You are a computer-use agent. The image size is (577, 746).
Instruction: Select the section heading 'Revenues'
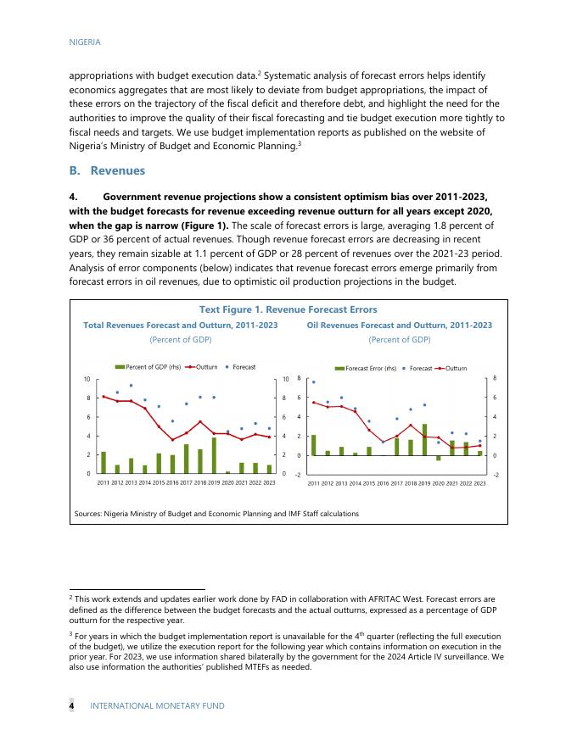[x=117, y=170]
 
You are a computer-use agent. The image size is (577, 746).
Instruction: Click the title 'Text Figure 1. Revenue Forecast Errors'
[x=287, y=309]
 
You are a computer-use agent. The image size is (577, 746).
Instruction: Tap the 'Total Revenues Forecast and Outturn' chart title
[x=180, y=325]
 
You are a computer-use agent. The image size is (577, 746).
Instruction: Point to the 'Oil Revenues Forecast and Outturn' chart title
[x=399, y=325]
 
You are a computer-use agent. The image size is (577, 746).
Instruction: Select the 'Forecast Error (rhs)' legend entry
[x=368, y=369]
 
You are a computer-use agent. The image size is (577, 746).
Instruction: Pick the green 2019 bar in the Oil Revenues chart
[x=424, y=439]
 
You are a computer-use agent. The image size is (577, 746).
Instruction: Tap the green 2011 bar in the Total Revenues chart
[x=104, y=462]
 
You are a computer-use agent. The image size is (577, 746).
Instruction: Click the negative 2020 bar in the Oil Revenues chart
[x=439, y=458]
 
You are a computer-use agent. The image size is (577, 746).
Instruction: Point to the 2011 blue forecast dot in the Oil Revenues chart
[x=313, y=382]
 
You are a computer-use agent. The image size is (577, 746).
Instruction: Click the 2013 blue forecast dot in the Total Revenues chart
[x=131, y=386]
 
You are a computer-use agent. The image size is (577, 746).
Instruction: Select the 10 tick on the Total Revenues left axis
[x=87, y=379]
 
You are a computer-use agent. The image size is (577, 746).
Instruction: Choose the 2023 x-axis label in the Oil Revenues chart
[x=479, y=482]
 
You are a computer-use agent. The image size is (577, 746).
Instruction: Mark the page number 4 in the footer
[x=71, y=705]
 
